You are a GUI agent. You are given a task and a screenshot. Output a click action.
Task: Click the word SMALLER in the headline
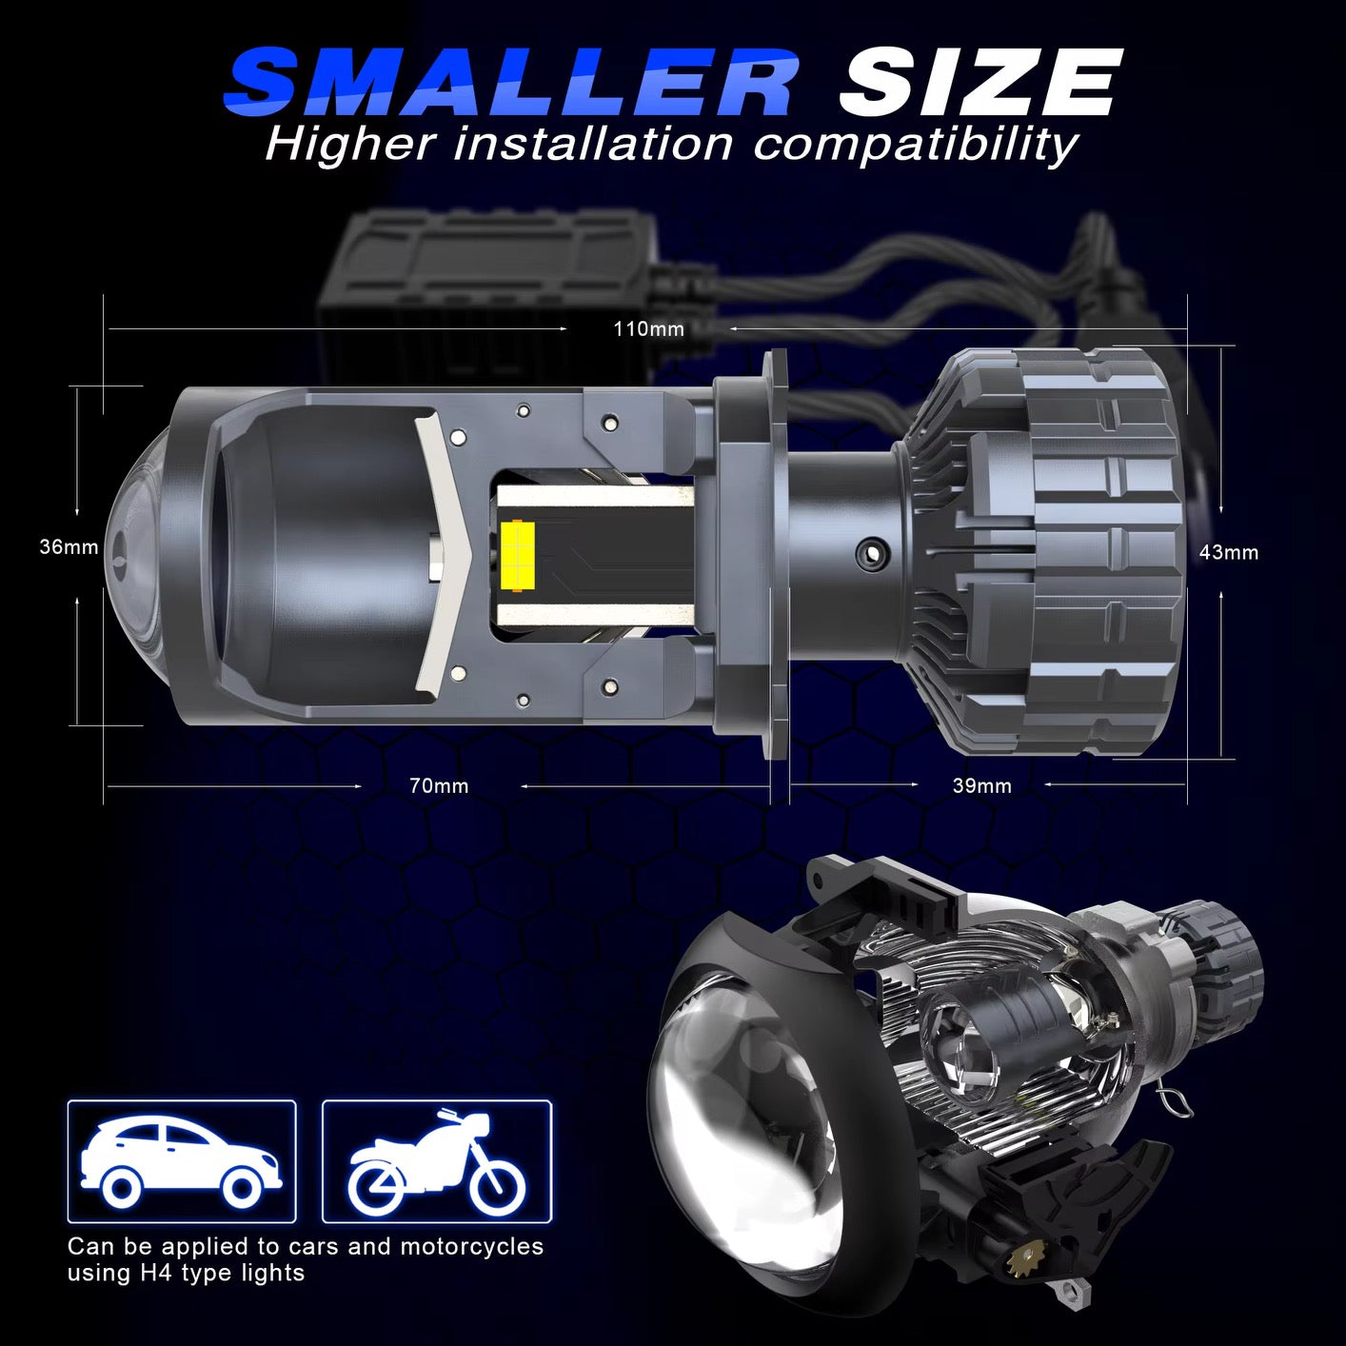pos(510,84)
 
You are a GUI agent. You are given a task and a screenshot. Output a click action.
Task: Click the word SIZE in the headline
pos(979,84)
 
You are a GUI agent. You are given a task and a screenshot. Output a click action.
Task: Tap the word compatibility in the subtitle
pos(915,145)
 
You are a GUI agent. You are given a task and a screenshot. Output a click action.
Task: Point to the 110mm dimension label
pos(648,329)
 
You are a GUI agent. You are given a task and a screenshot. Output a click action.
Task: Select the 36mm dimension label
pos(69,547)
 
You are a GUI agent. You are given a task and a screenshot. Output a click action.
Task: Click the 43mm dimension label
pos(1228,552)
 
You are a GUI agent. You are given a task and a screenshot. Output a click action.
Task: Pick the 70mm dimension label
pos(439,786)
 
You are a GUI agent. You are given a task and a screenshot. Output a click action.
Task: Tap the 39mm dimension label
pos(981,786)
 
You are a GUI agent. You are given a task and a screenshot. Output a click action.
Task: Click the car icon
pos(181,1160)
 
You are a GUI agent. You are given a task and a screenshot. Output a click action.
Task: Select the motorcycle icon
pos(437,1160)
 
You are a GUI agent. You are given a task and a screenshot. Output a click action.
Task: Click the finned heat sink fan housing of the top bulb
pos(1057,552)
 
